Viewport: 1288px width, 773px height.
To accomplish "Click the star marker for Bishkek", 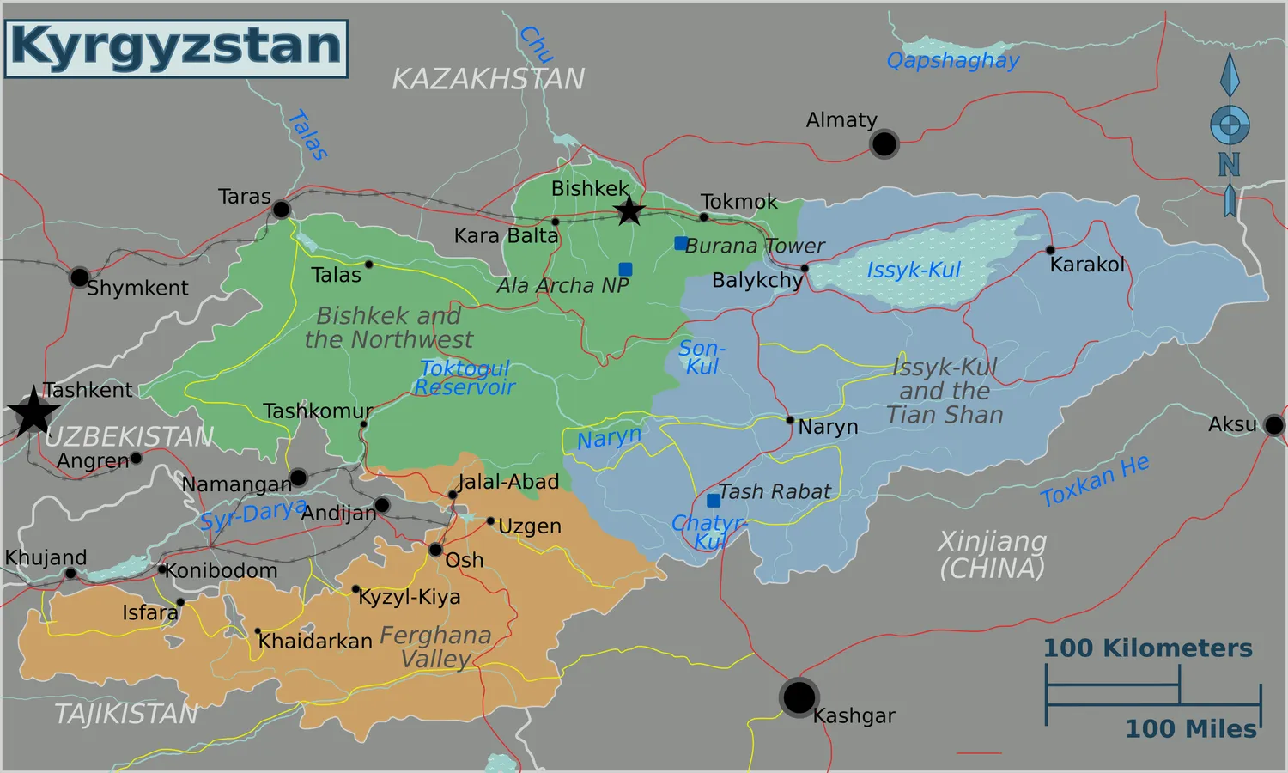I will pyautogui.click(x=629, y=210).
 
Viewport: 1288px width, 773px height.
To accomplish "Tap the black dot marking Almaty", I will pyautogui.click(x=884, y=143).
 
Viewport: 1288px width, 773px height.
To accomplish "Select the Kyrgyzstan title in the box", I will pyautogui.click(x=176, y=48).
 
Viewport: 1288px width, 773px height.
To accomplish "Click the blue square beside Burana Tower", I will pyautogui.click(x=680, y=244).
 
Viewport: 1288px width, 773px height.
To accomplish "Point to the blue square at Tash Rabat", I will pyautogui.click(x=713, y=500).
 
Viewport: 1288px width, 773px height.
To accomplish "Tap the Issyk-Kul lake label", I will pyautogui.click(x=913, y=270).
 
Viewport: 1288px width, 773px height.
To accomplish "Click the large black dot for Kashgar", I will pyautogui.click(x=799, y=697).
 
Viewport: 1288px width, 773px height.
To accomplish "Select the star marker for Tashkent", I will pyautogui.click(x=33, y=411).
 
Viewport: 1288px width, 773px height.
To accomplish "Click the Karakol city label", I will pyautogui.click(x=1086, y=265).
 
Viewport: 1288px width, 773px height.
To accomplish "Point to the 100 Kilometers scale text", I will pyautogui.click(x=1147, y=648).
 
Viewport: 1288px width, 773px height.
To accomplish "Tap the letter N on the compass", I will pyautogui.click(x=1229, y=164).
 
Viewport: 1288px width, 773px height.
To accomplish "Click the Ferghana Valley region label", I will pyautogui.click(x=435, y=647).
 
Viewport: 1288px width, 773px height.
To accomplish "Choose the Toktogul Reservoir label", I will pyautogui.click(x=465, y=378).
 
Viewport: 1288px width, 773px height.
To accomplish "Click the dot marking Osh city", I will pyautogui.click(x=435, y=550).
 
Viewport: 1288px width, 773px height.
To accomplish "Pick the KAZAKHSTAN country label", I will pyautogui.click(x=488, y=79).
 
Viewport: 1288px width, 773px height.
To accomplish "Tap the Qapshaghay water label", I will pyautogui.click(x=952, y=60).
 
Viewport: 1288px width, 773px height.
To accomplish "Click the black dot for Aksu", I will pyautogui.click(x=1274, y=424).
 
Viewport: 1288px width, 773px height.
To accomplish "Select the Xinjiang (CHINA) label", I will pyautogui.click(x=992, y=555).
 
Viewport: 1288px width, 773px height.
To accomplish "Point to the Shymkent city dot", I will pyautogui.click(x=79, y=277).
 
